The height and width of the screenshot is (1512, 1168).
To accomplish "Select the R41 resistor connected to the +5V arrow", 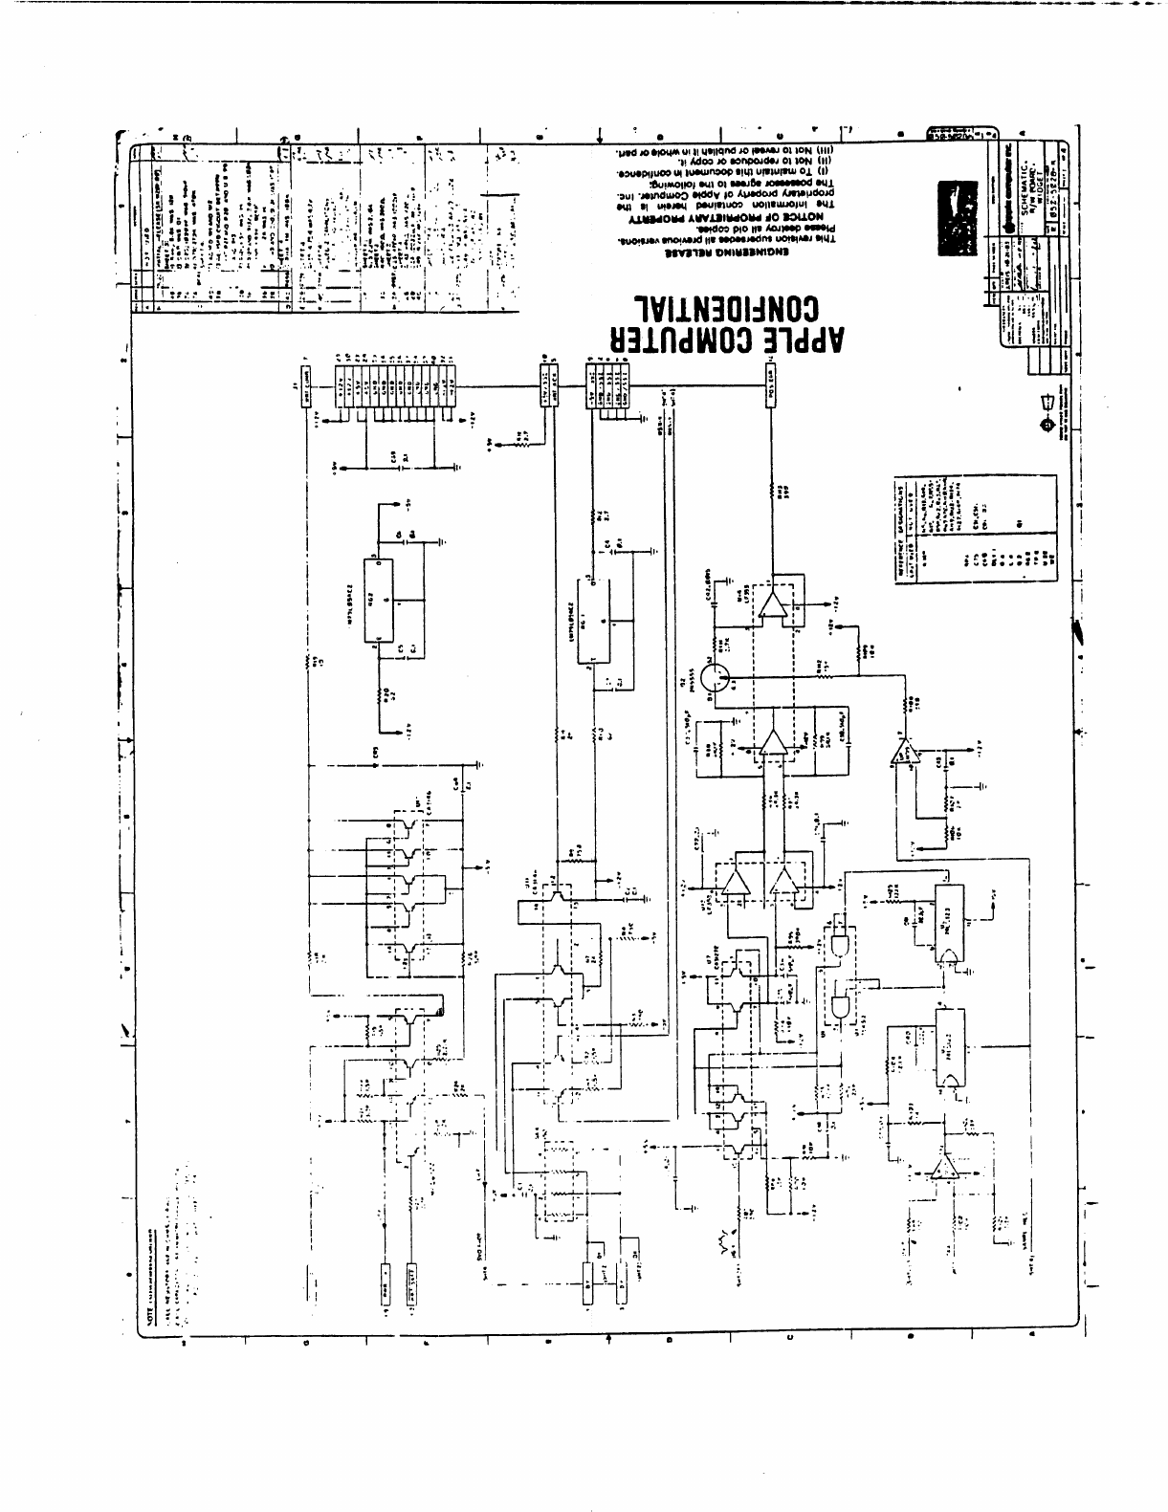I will (x=521, y=439).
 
